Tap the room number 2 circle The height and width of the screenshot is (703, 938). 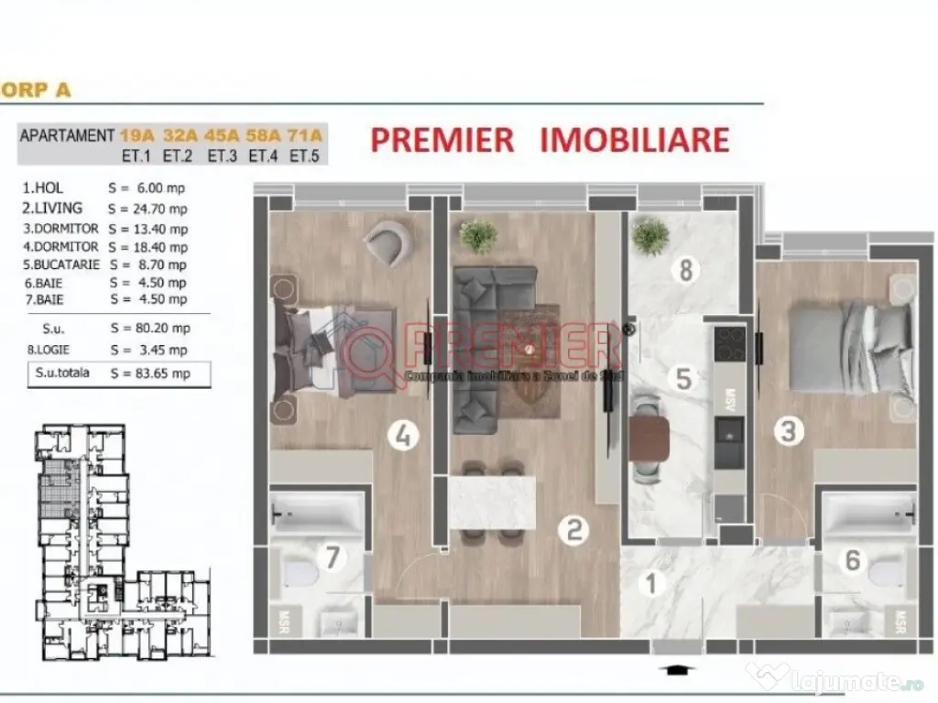pyautogui.click(x=574, y=529)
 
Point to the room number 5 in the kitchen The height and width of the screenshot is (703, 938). pyautogui.click(x=683, y=377)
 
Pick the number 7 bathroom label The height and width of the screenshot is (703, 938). pyautogui.click(x=333, y=555)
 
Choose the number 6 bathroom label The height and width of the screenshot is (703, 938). pyautogui.click(x=853, y=559)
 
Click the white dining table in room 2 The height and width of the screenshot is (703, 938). pyautogui.click(x=492, y=501)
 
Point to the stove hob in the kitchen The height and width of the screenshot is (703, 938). pyautogui.click(x=730, y=345)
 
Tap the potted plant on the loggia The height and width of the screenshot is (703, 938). pyautogui.click(x=650, y=235)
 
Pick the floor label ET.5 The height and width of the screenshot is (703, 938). pyautogui.click(x=304, y=156)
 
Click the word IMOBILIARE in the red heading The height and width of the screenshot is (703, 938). pyautogui.click(x=635, y=139)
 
